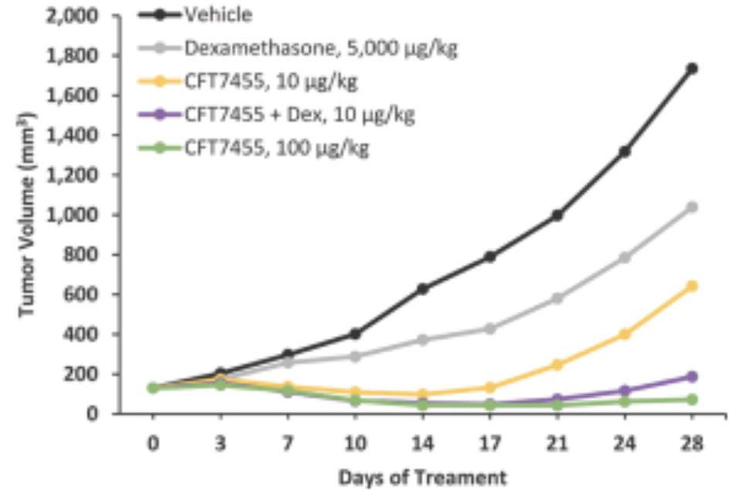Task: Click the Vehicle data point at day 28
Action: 692,69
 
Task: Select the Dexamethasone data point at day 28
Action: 692,207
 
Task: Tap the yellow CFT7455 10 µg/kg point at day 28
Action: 692,286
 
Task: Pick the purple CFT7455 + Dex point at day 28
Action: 692,376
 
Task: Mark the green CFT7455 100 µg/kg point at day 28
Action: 692,400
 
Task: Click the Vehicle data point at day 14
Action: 422,289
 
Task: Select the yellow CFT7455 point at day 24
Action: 625,335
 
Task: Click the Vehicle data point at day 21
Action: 557,216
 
